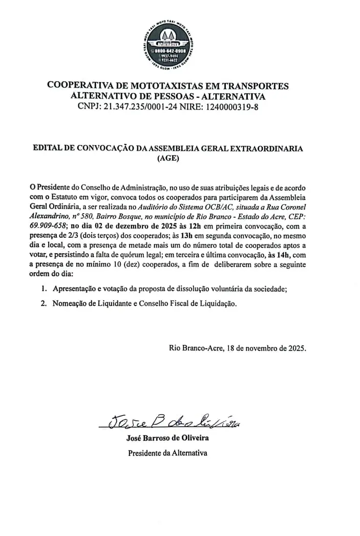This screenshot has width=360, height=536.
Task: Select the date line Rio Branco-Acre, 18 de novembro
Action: (x=237, y=348)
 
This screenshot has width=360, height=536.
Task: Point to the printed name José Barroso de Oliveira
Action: (x=167, y=438)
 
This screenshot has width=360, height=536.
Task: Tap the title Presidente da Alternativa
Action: (x=167, y=453)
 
